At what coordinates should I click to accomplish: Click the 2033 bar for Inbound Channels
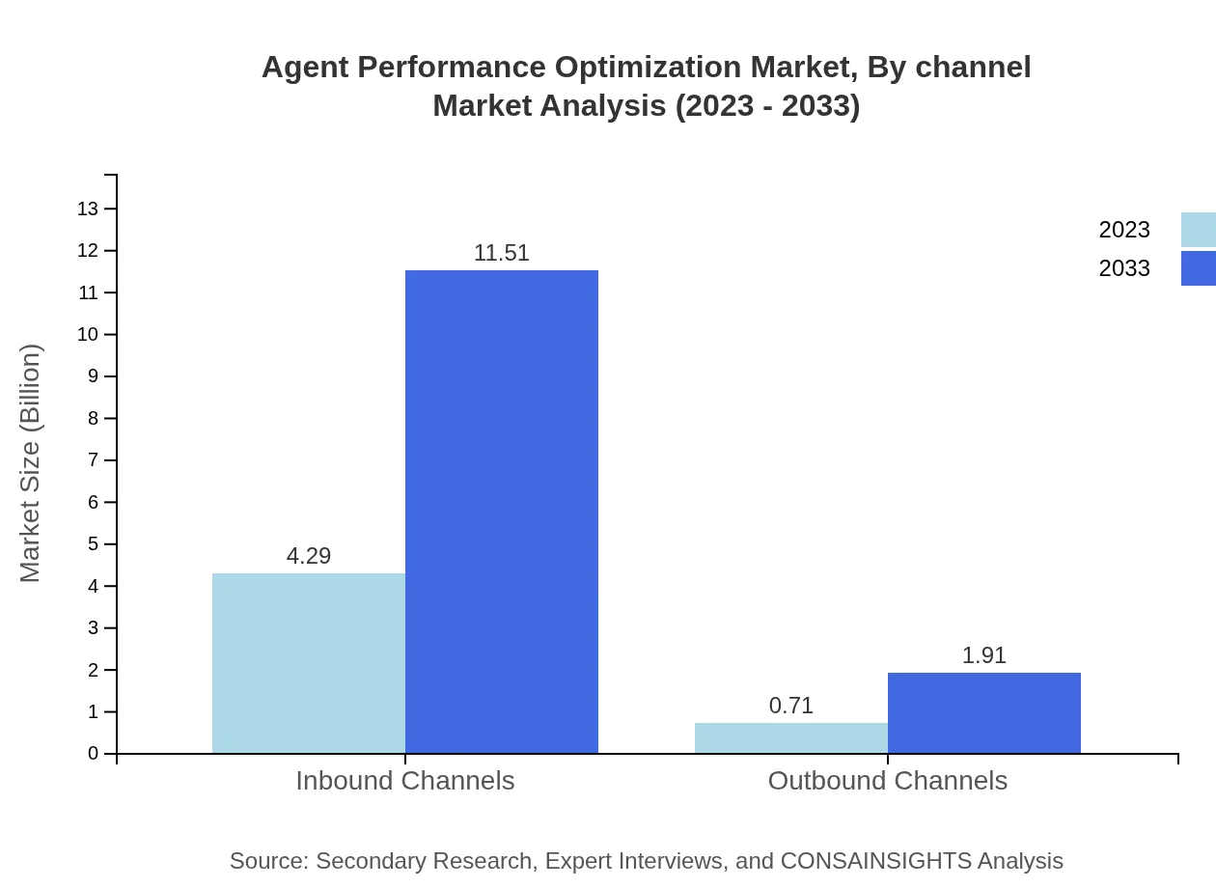pyautogui.click(x=502, y=512)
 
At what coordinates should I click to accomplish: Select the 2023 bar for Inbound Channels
pyautogui.click(x=309, y=663)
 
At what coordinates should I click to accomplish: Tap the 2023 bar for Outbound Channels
pyautogui.click(x=791, y=737)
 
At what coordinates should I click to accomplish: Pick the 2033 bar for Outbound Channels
pyautogui.click(x=984, y=712)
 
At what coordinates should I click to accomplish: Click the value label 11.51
pyautogui.click(x=502, y=253)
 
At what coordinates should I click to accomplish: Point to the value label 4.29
pyautogui.click(x=309, y=556)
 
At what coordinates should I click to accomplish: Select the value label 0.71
pyautogui.click(x=791, y=706)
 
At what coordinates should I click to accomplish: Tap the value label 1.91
pyautogui.click(x=984, y=655)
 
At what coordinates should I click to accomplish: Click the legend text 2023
pyautogui.click(x=1124, y=230)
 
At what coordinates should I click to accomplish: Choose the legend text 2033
pyautogui.click(x=1124, y=268)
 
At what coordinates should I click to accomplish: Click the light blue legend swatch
pyautogui.click(x=1198, y=230)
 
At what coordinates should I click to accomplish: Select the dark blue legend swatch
pyautogui.click(x=1198, y=268)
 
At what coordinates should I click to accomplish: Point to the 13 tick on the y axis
pyautogui.click(x=88, y=208)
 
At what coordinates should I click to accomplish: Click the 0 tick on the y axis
pyautogui.click(x=94, y=754)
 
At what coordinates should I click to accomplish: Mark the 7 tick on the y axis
pyautogui.click(x=94, y=460)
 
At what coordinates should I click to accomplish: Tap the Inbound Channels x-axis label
pyautogui.click(x=405, y=781)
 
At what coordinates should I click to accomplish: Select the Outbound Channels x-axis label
pyautogui.click(x=888, y=781)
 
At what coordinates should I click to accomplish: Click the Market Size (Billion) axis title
pyautogui.click(x=30, y=463)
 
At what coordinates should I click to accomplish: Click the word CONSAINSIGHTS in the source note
pyautogui.click(x=874, y=861)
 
